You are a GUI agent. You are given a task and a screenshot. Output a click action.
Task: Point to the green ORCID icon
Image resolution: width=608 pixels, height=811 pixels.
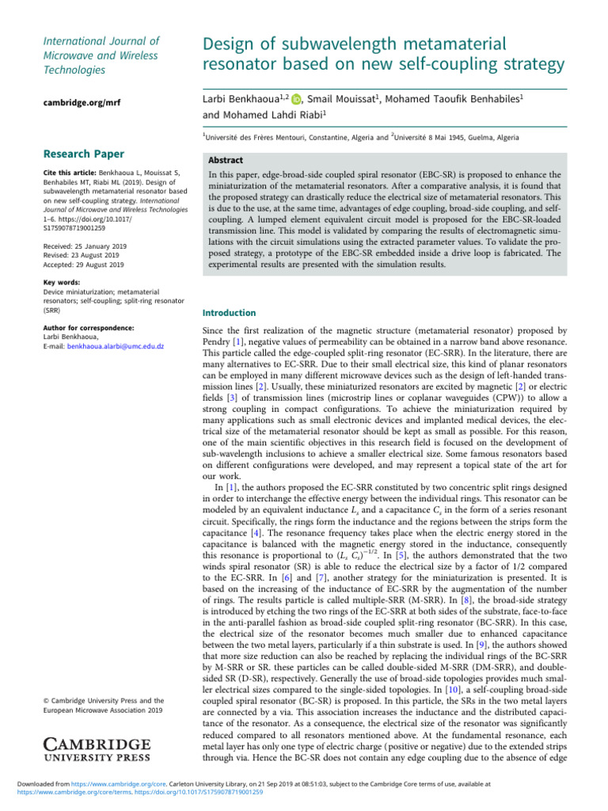point(296,99)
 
